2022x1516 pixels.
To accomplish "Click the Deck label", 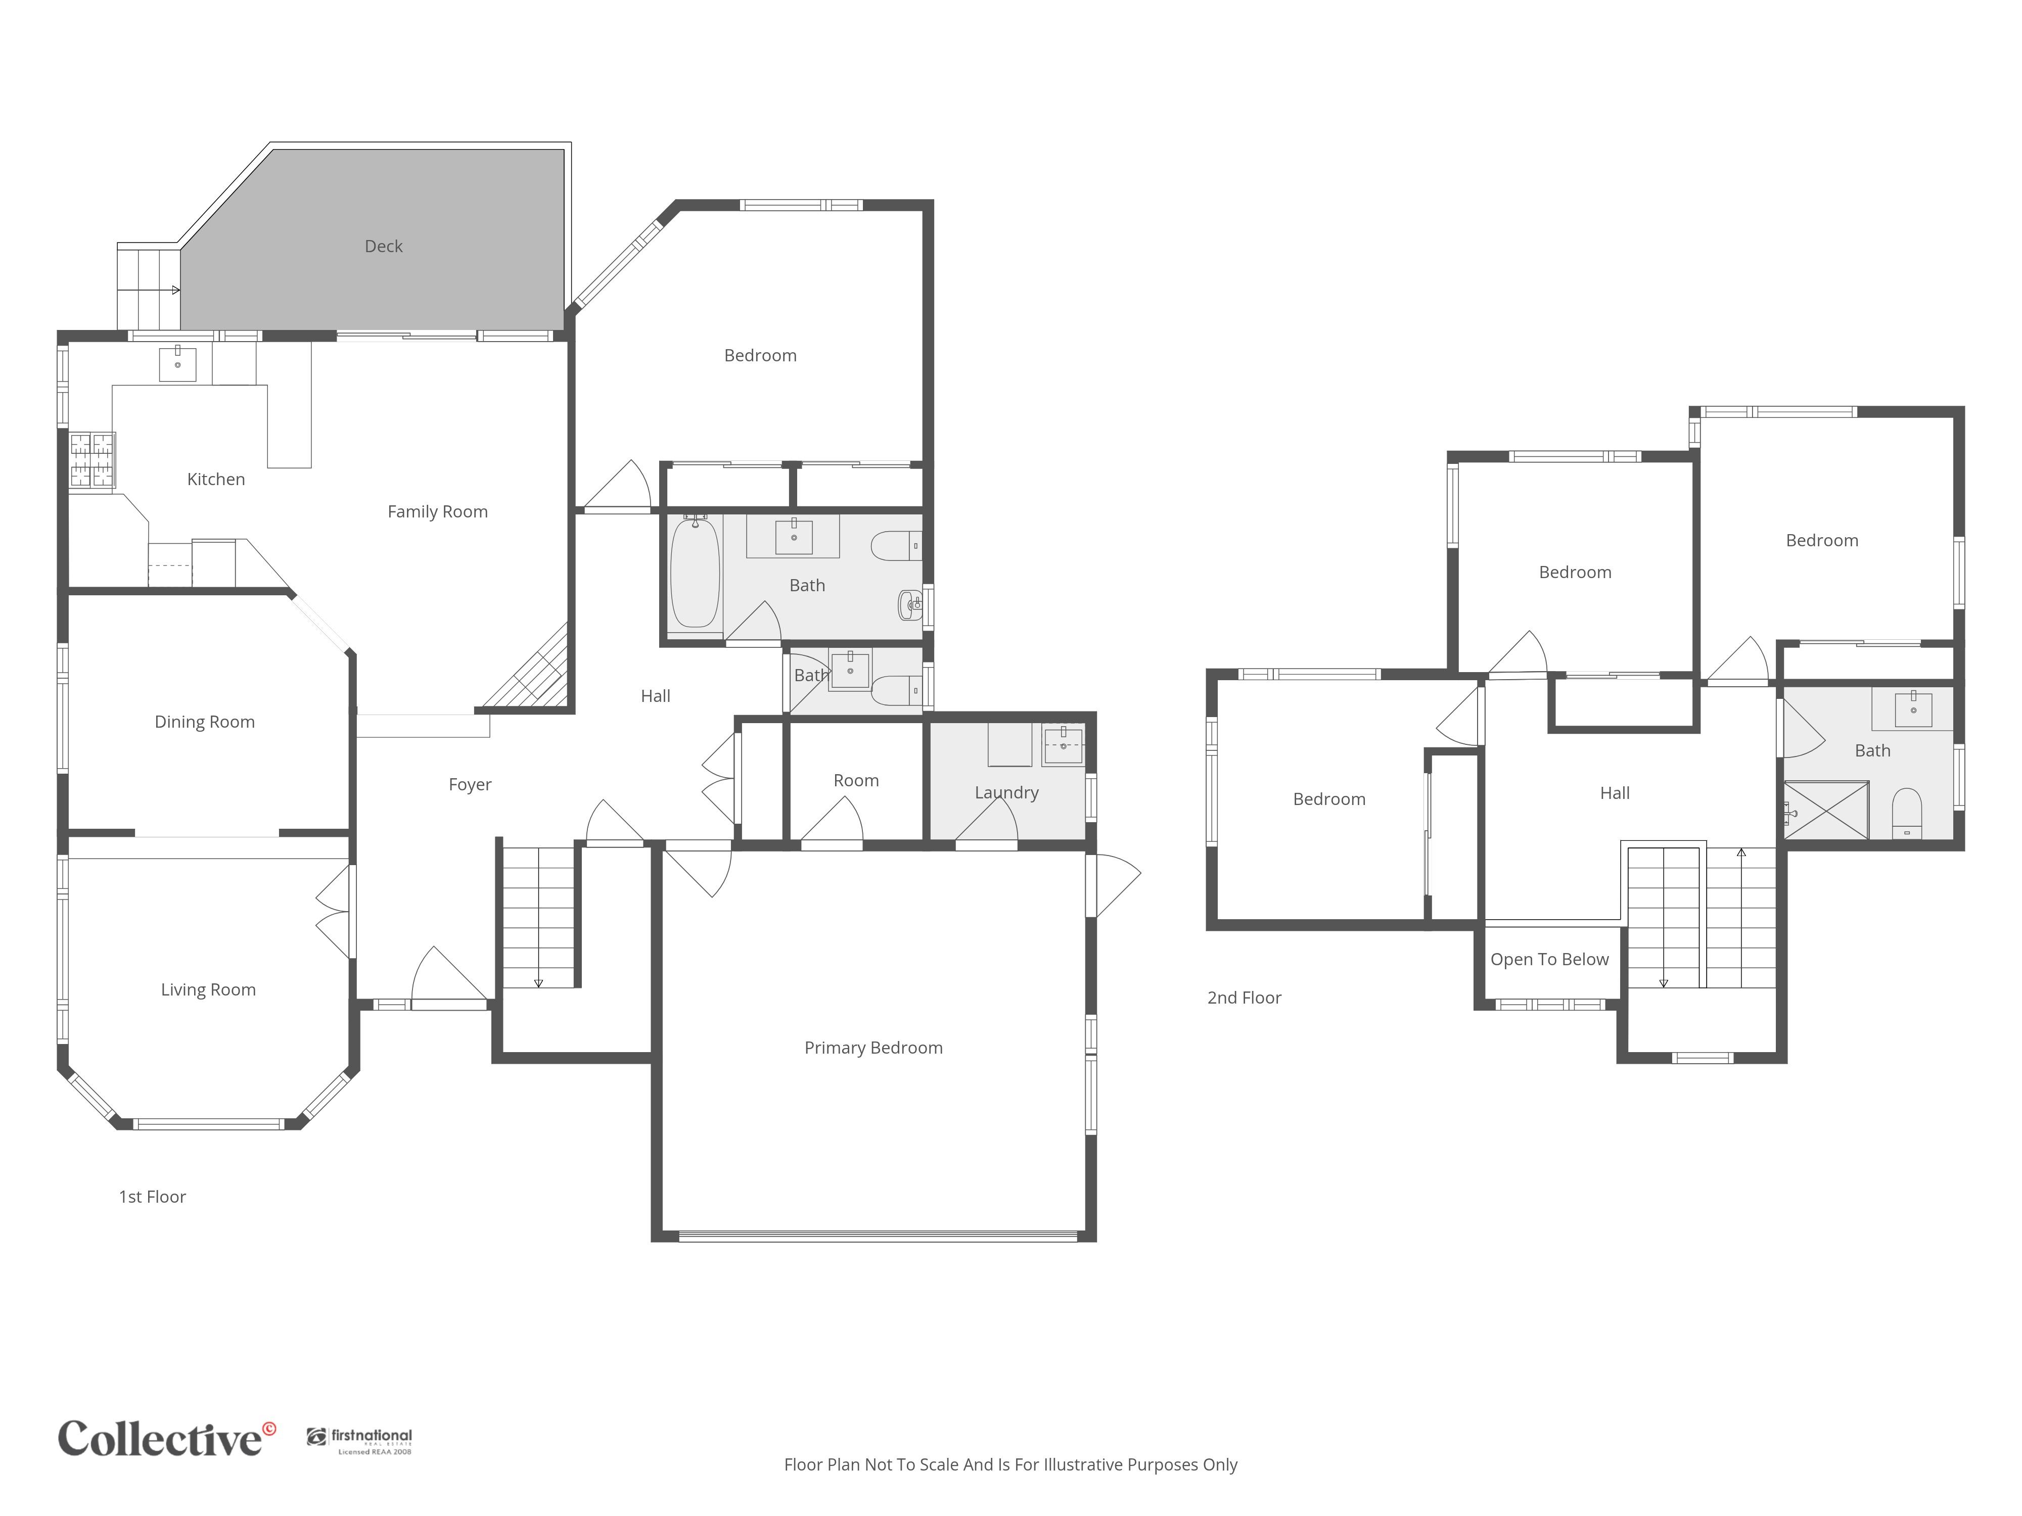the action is [x=383, y=246].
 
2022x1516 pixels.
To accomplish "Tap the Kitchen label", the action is [x=216, y=479].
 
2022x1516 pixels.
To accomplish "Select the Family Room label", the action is [x=438, y=512].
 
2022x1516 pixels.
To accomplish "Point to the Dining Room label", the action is [x=205, y=722].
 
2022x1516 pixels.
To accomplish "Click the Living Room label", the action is [x=208, y=989].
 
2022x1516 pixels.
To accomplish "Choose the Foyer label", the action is [x=470, y=784].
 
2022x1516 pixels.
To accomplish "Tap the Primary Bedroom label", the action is [x=873, y=1048].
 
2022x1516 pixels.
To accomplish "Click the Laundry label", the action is [x=1006, y=792].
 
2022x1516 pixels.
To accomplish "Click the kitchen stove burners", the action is [x=93, y=460].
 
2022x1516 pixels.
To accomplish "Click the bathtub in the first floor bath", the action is [x=695, y=573].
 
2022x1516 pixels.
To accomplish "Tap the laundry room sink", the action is [x=1063, y=745].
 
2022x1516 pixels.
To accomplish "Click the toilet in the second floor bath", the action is [x=1907, y=813].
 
